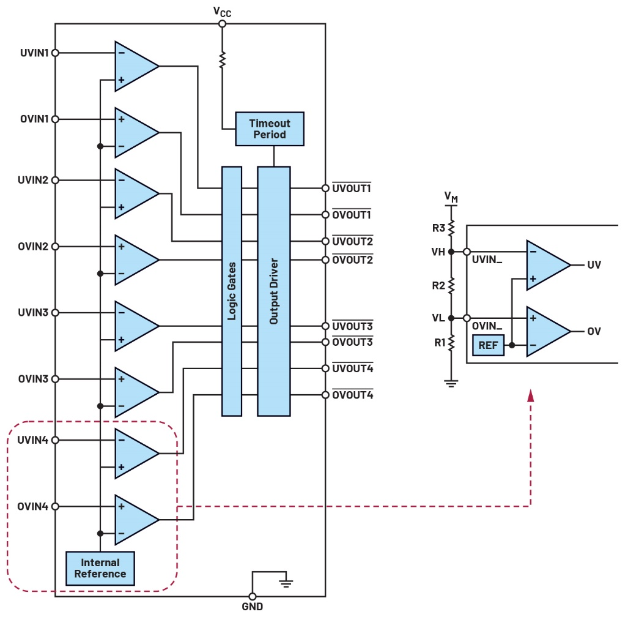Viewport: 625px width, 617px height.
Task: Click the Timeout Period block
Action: pos(270,129)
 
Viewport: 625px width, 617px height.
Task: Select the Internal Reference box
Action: pos(100,568)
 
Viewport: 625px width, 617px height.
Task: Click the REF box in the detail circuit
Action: pos(488,345)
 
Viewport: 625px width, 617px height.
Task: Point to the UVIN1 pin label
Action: pos(34,53)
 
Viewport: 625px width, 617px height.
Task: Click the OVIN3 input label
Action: pos(34,379)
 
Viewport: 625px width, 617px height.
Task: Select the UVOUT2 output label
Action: pos(352,241)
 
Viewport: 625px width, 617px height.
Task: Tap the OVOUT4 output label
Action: pos(352,395)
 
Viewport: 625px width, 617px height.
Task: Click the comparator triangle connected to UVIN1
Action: pos(135,67)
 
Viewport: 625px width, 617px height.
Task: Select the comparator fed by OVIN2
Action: pos(135,260)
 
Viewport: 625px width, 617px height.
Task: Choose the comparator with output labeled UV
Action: pos(546,265)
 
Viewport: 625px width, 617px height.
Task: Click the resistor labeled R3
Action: pos(451,229)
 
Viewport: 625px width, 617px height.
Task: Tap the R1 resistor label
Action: pos(438,342)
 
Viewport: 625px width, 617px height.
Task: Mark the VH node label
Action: pos(438,252)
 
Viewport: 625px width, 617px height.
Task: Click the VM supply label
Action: pos(451,197)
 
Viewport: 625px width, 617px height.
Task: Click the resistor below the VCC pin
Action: pos(222,59)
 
